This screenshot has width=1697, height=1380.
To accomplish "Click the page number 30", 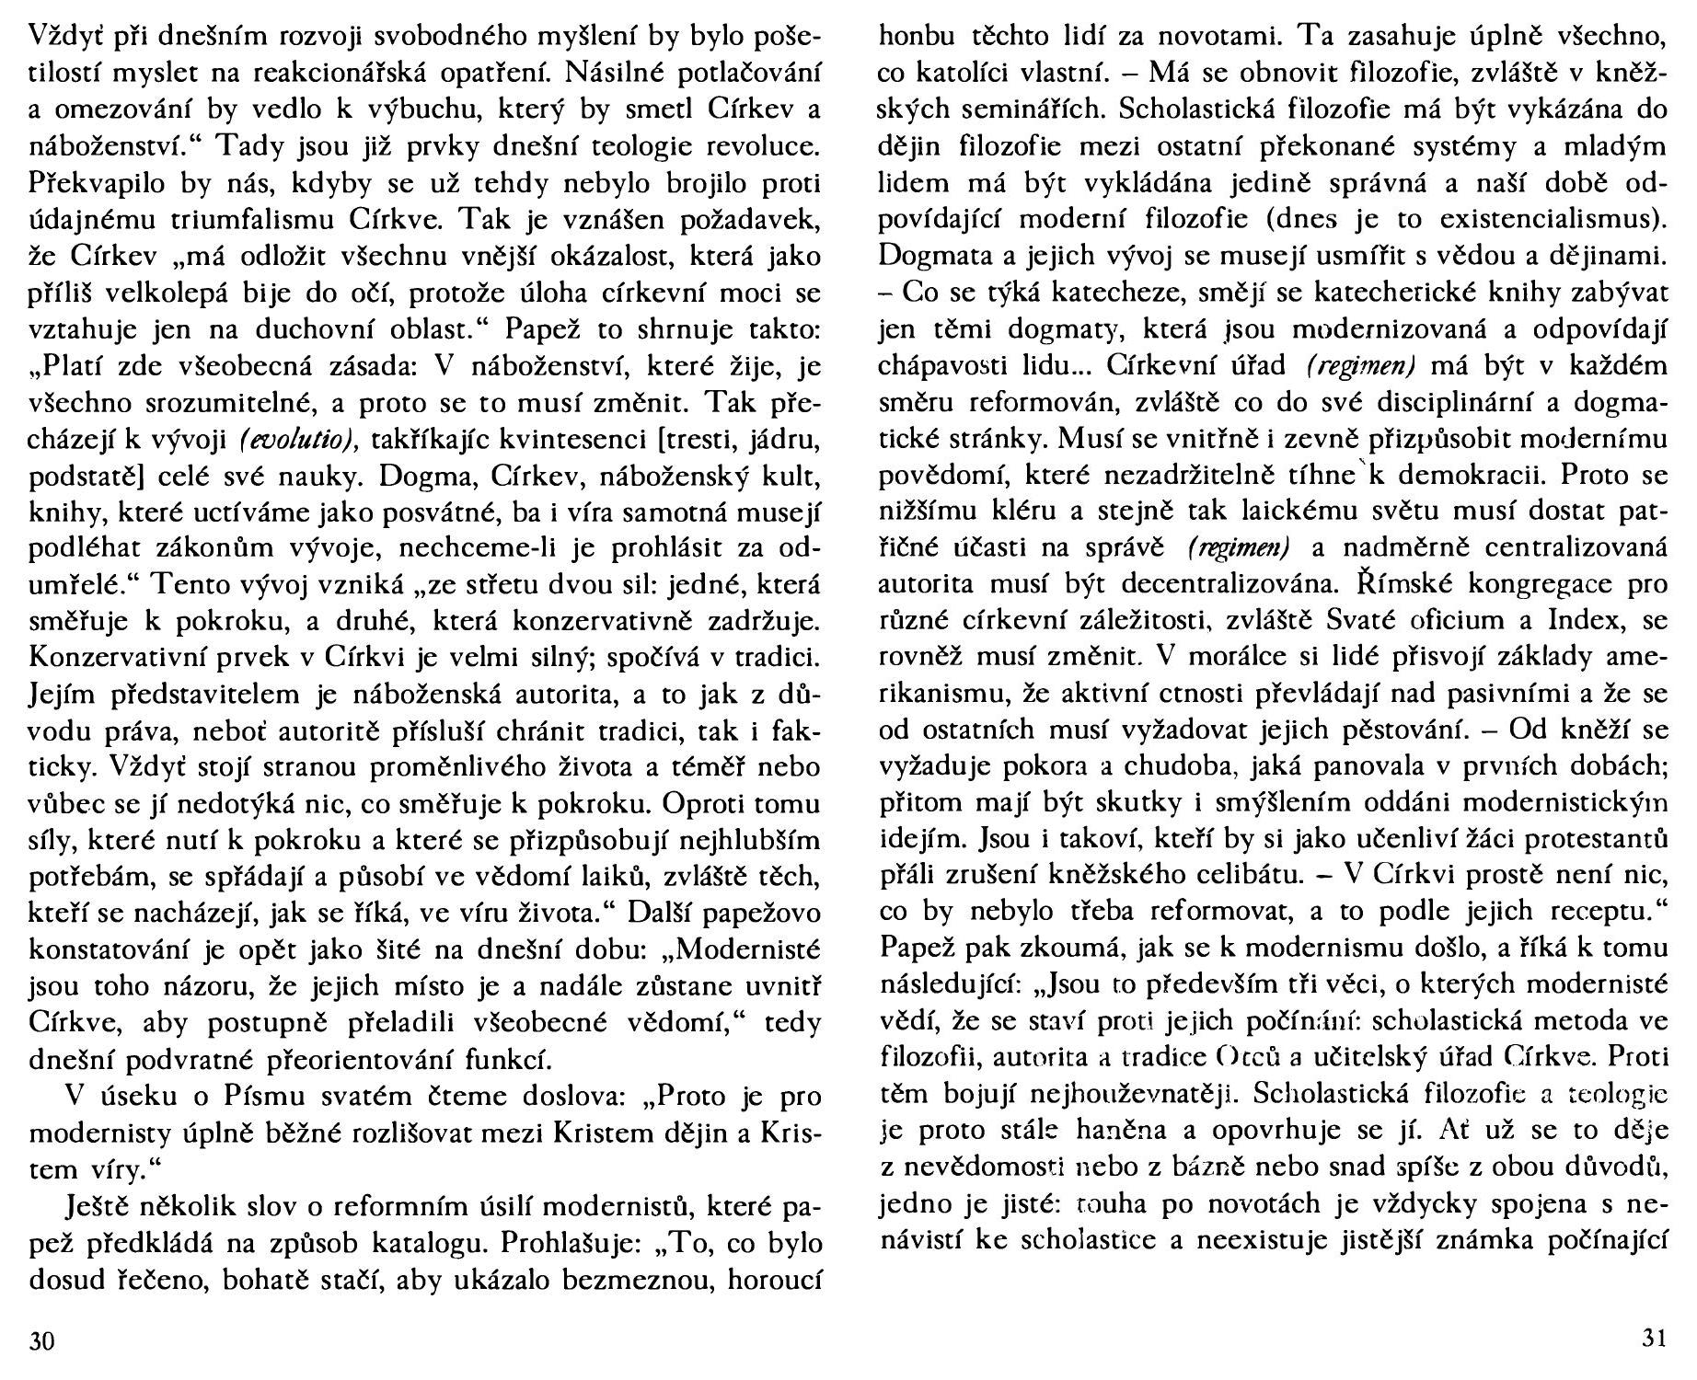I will pos(42,1340).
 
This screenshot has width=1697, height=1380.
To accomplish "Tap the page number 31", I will pos(1654,1339).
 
